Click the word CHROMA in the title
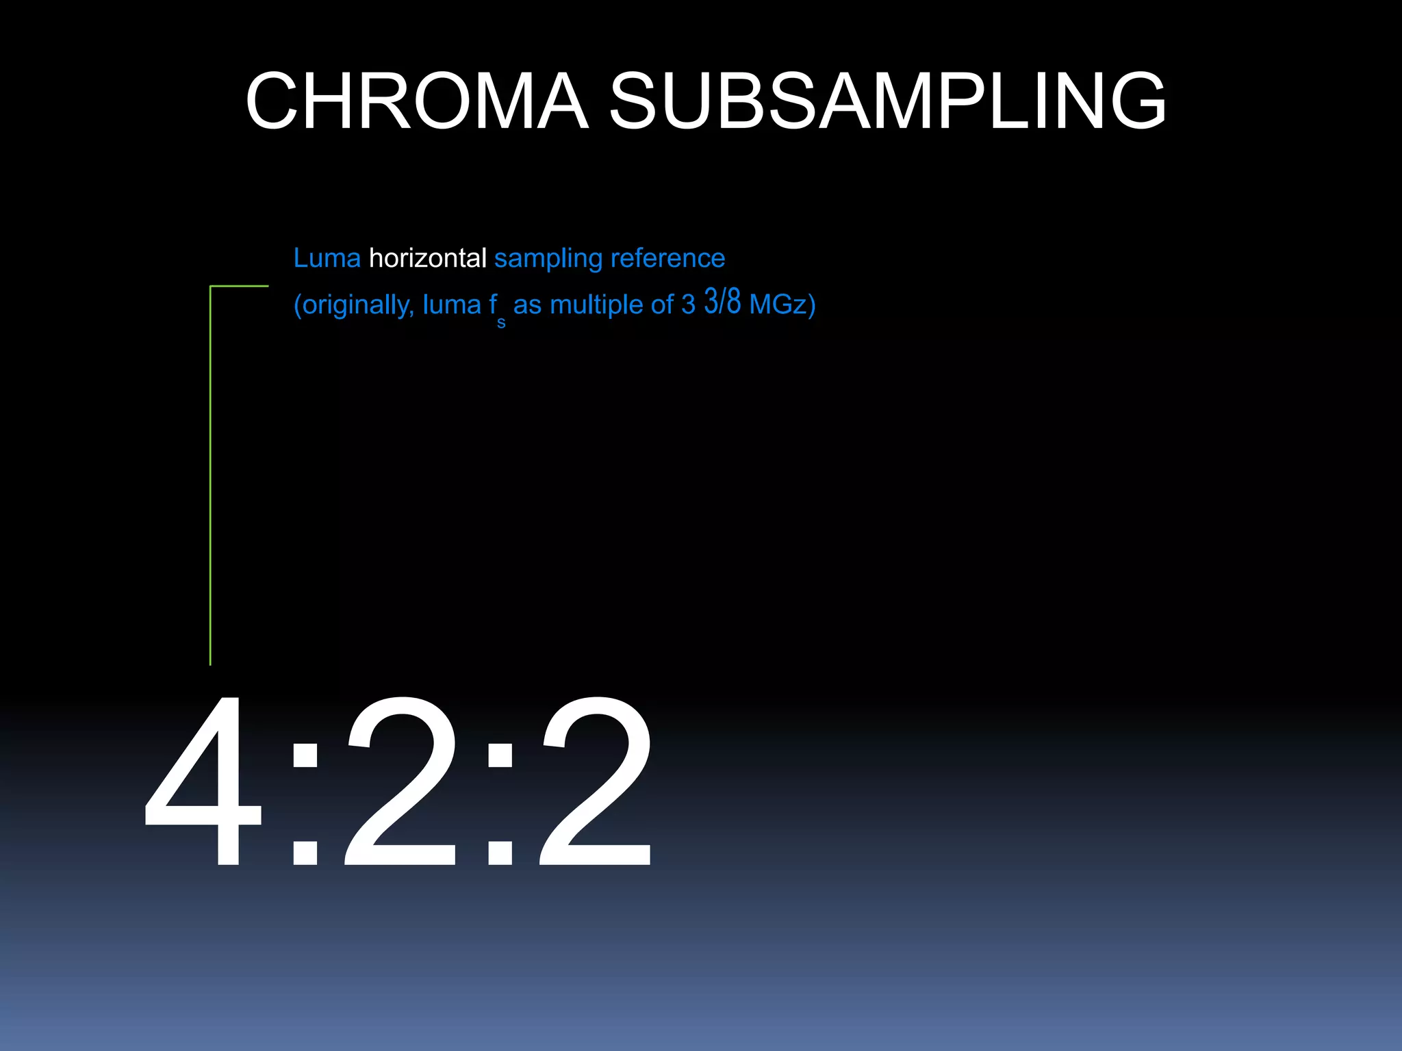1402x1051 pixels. pos(417,101)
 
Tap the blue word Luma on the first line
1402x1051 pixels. pos(327,259)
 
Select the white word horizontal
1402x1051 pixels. pos(427,259)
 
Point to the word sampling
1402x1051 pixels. pos(548,259)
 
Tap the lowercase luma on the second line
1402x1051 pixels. pos(452,305)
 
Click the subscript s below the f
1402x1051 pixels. pos(501,323)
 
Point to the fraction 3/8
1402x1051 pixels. pos(722,301)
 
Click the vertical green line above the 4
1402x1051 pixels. pos(210,479)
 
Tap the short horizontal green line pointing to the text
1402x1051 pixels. pos(240,286)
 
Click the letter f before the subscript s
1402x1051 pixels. pos(493,304)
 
